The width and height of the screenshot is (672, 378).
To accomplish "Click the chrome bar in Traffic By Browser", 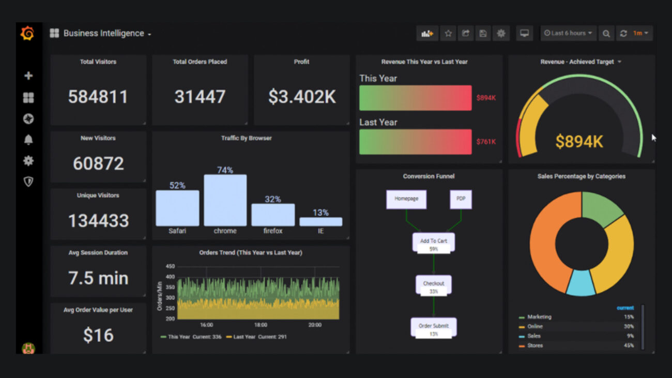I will [225, 200].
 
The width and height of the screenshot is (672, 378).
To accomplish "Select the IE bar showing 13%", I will [320, 221].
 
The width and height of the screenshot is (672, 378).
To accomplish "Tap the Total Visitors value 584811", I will [98, 97].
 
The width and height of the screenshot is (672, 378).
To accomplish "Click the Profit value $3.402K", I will [302, 97].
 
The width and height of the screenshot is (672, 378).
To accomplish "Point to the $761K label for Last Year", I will [486, 142].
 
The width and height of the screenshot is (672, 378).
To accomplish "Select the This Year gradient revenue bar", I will [415, 98].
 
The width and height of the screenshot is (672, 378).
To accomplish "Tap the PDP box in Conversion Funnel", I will [460, 199].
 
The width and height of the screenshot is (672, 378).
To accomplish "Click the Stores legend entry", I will [535, 345].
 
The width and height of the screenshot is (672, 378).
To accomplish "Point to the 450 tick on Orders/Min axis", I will [170, 267].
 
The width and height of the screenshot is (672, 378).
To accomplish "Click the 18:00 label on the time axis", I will [261, 325].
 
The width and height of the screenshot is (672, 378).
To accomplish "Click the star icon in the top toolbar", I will [448, 33].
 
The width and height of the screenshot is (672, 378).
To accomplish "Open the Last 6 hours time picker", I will [568, 33].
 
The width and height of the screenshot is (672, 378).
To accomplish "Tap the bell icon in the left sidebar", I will [28, 140].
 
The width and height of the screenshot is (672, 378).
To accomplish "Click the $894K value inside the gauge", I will [579, 141].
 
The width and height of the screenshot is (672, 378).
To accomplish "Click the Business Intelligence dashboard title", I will [103, 33].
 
